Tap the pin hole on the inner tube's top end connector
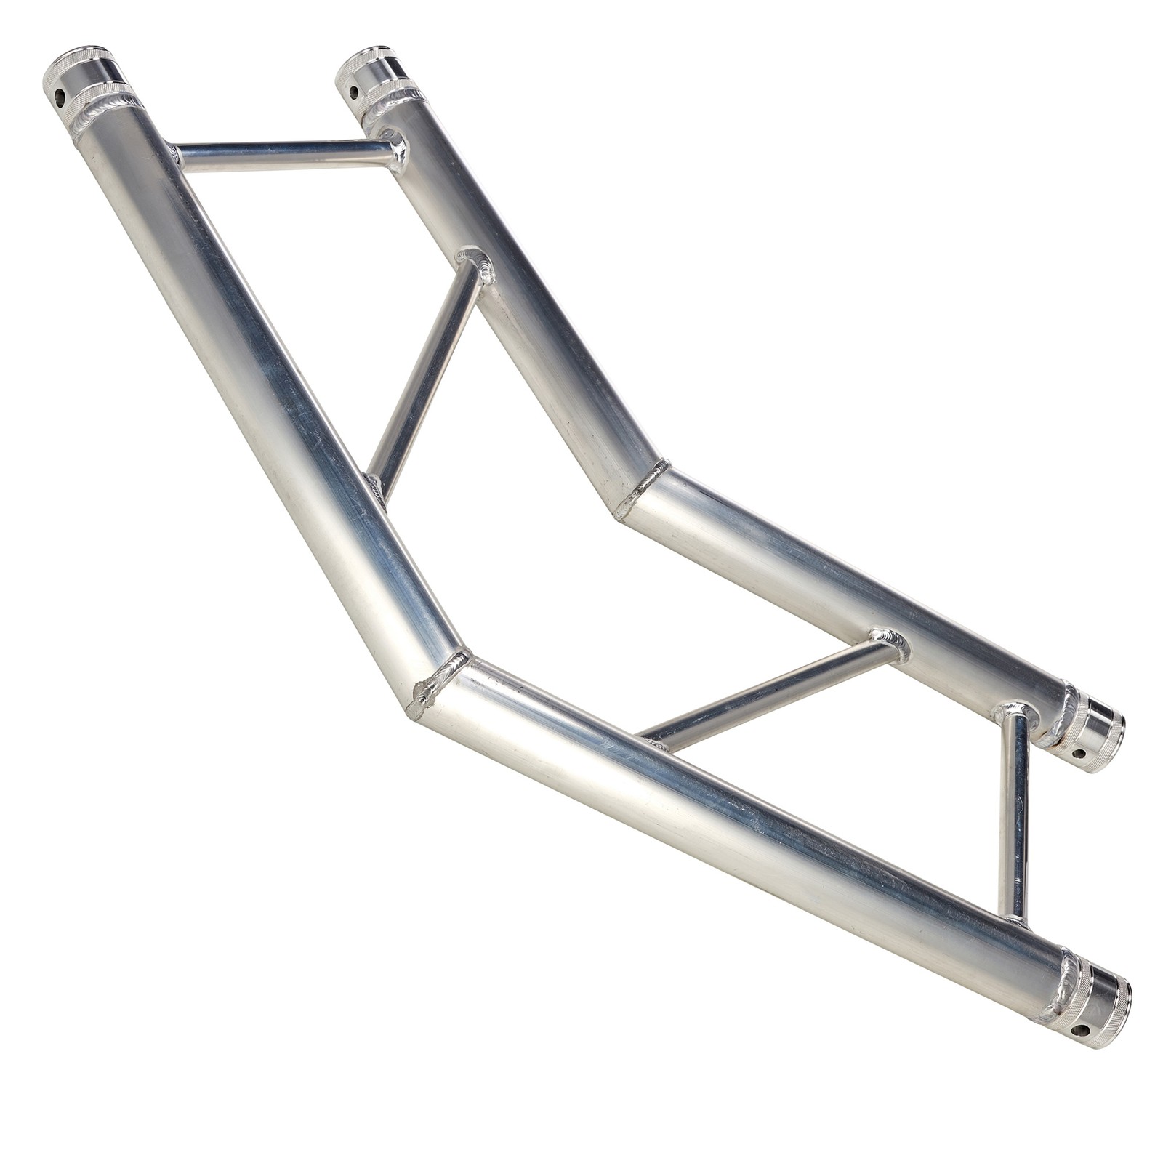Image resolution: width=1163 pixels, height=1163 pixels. tap(354, 92)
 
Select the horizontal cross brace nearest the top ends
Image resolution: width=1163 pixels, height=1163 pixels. tap(283, 154)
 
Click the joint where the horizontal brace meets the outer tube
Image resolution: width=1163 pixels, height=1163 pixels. tap(174, 154)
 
